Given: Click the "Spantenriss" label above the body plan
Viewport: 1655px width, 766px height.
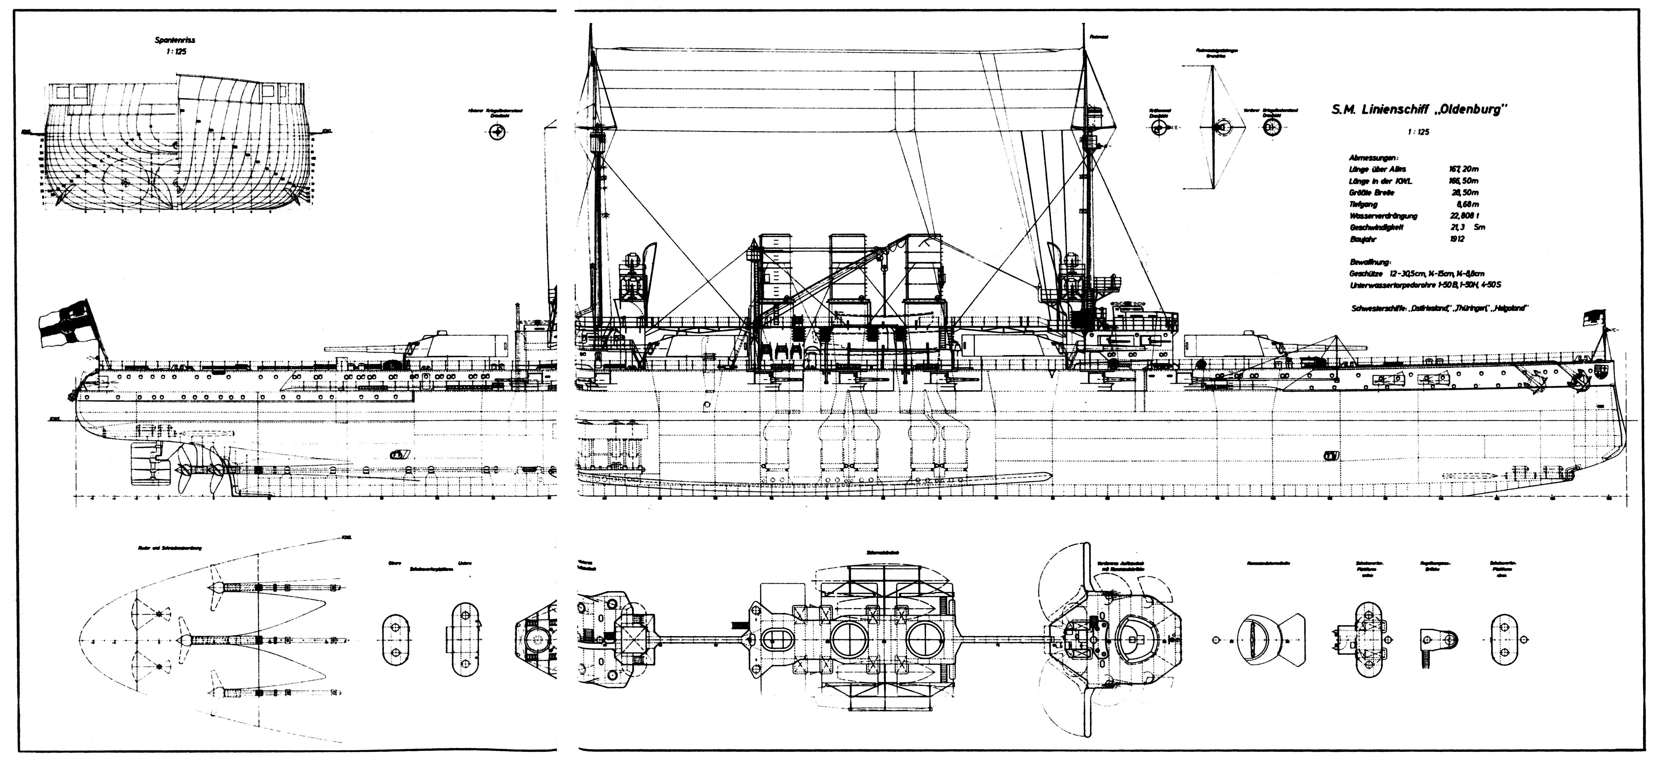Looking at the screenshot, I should click(x=175, y=40).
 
